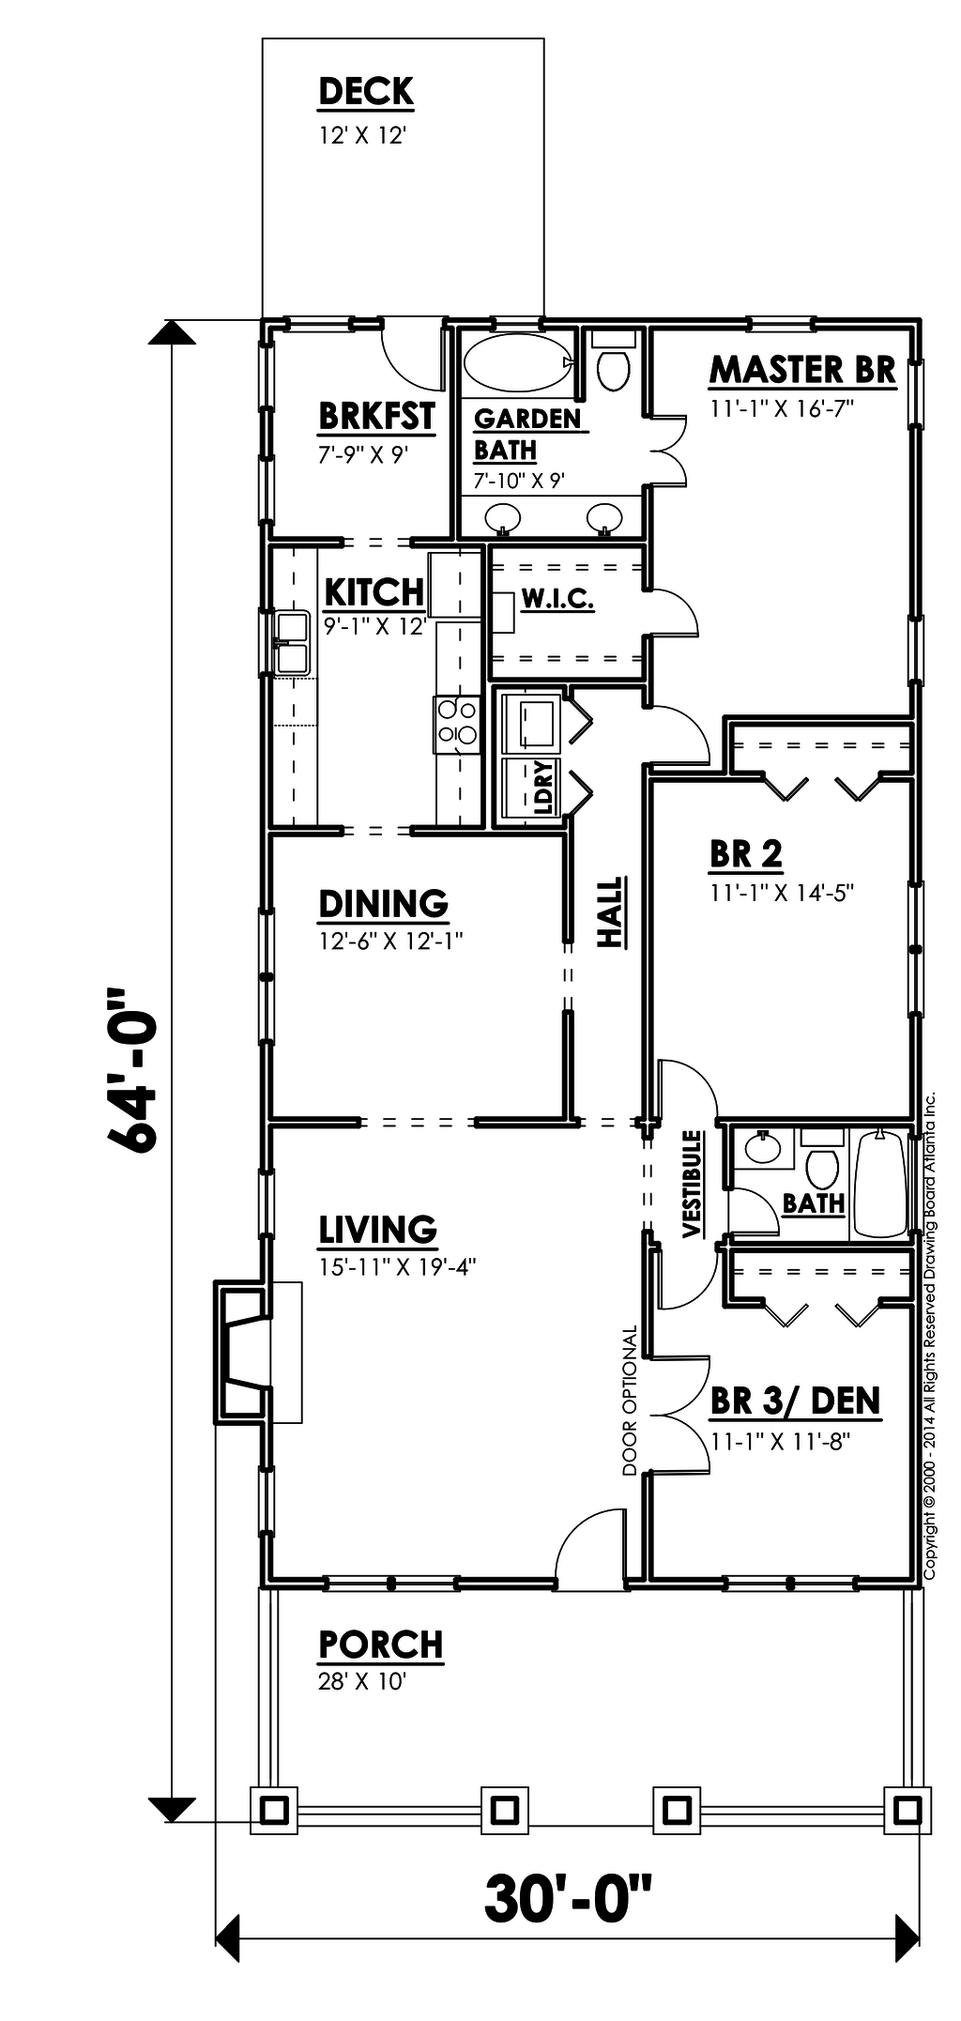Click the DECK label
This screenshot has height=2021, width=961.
pyautogui.click(x=366, y=92)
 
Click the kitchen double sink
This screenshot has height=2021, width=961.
pyautogui.click(x=292, y=642)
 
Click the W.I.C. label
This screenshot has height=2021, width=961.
pyautogui.click(x=557, y=599)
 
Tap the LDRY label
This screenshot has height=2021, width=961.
pyautogui.click(x=544, y=788)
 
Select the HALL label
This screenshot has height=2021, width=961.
pyautogui.click(x=611, y=911)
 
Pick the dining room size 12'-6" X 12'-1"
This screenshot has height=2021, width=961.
pyautogui.click(x=391, y=941)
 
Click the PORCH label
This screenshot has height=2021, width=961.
pyautogui.click(x=381, y=1645)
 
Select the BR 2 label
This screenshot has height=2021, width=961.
pyautogui.click(x=746, y=854)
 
